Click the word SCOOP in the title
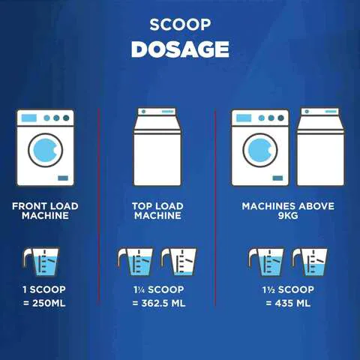[180, 25]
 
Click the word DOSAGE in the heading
[180, 49]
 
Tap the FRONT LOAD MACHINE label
[45, 211]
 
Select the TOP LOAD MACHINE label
[157, 211]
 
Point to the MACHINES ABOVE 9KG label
[288, 211]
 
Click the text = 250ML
[44, 303]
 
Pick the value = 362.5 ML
[159, 303]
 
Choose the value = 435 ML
[288, 303]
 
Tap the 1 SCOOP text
[44, 289]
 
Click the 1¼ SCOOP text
[159, 289]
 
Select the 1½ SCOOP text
[288, 289]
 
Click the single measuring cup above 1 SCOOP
[41, 262]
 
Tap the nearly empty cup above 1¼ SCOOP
[178, 262]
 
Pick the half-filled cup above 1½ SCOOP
[310, 262]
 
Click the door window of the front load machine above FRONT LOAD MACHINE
[46, 150]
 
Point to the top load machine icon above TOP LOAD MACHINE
[157, 147]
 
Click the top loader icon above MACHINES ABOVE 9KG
[320, 147]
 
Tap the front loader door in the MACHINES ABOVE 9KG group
[260, 150]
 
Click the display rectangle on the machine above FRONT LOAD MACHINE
[29, 118]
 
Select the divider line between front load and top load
[99, 207]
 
